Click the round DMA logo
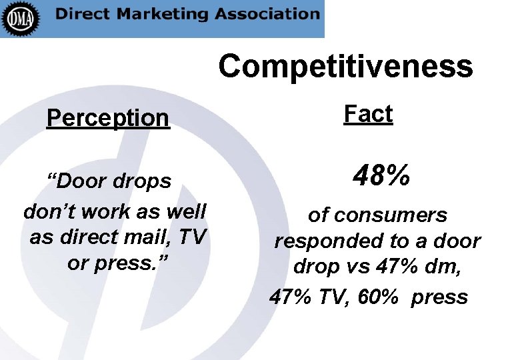coord(21,18)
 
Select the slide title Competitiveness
coord(345,67)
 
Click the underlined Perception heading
coord(108,119)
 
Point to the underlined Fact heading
coord(368,115)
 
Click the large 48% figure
coord(381,177)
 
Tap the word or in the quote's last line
coord(77,263)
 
